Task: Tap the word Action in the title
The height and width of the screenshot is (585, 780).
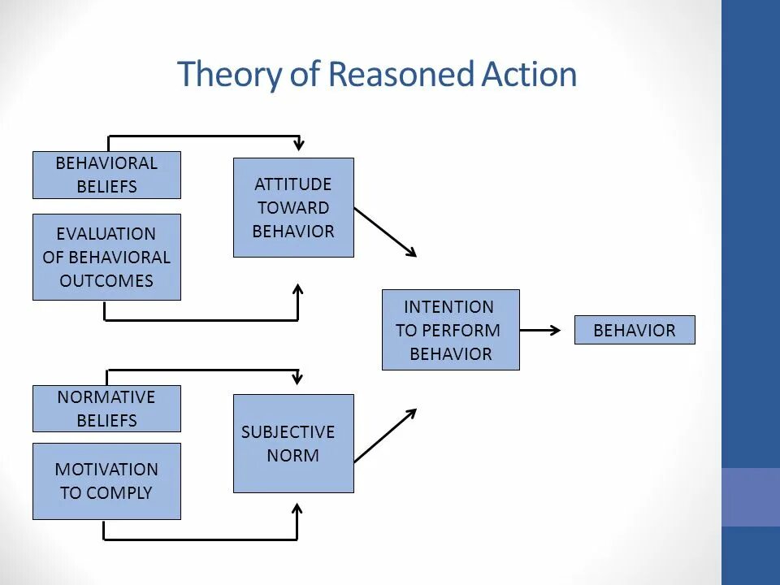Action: [530, 75]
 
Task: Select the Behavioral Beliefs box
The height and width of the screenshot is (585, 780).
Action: [106, 175]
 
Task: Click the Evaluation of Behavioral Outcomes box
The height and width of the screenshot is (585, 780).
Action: [106, 257]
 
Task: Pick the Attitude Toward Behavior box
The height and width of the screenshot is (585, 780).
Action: [293, 208]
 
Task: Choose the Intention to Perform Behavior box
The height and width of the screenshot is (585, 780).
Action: [450, 330]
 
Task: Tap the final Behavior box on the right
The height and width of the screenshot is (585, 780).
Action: [635, 330]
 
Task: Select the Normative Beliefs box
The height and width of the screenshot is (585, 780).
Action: [106, 409]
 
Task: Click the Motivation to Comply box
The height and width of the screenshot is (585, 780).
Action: [106, 481]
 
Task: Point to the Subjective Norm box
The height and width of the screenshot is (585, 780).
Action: [293, 444]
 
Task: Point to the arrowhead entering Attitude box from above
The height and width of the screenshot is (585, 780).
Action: [299, 145]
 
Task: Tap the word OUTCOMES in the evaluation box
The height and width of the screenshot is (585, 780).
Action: [106, 281]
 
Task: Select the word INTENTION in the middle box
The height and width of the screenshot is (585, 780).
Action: [449, 307]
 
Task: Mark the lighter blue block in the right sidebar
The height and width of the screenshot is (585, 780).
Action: [750, 496]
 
